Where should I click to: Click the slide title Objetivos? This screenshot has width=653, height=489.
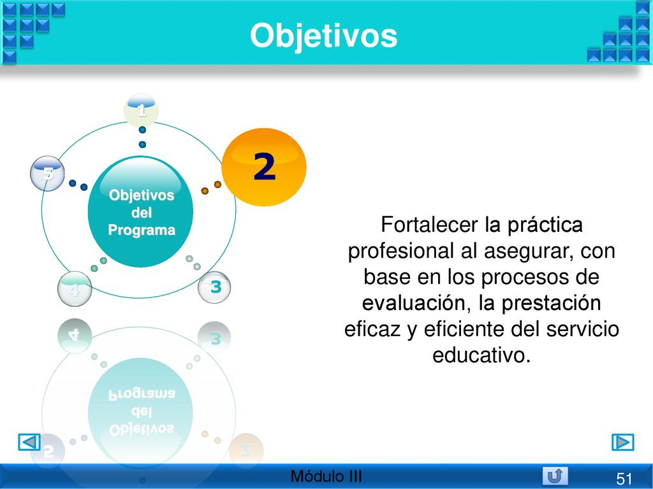pos(323,36)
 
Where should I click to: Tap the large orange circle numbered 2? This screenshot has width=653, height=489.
pos(264,167)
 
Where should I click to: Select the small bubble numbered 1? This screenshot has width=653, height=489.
pos(141,110)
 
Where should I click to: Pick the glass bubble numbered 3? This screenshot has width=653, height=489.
pos(214,287)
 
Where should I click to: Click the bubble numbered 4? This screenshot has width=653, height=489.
pos(75,289)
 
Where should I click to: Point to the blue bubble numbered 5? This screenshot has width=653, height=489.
pos(47,173)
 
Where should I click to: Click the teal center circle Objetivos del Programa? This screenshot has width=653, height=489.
pos(141,211)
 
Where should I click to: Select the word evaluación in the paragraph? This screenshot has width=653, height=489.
pos(413,303)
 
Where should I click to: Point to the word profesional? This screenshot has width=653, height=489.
pos(400,251)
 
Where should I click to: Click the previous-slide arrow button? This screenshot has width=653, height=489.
pos(29,442)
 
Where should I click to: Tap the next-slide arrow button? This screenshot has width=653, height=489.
pos(623,442)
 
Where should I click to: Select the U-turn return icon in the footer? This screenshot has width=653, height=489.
pos(555,476)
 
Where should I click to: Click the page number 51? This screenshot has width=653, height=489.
pos(624,479)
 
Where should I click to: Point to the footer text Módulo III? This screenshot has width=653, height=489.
pos(326,476)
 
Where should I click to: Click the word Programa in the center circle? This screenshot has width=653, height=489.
pos(142,230)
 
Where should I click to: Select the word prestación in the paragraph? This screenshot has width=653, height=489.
pos(551,303)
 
